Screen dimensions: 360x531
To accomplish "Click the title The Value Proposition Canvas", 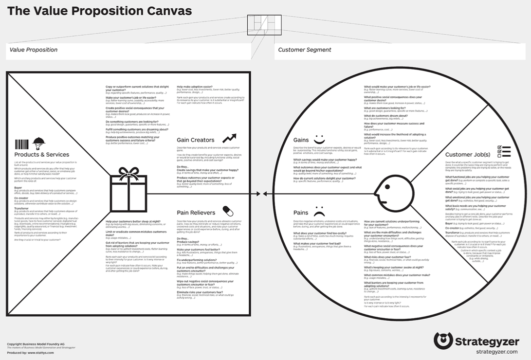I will coord(100,11).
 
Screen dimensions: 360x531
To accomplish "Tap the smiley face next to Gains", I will coord(319,140).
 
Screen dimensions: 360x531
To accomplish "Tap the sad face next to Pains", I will coord(319,212).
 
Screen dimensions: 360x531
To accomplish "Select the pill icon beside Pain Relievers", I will coord(228,211).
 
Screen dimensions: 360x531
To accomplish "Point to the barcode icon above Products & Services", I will coord(21,144).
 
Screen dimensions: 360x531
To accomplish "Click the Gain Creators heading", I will coord(195,140).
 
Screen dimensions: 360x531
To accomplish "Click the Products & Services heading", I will coord(42,155).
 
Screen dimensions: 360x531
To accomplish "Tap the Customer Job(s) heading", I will coord(468,155).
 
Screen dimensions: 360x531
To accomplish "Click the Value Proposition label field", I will coord(129,50).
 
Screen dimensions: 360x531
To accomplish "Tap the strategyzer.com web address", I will coord(496,351).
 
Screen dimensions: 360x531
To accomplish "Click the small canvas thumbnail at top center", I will coord(264,25).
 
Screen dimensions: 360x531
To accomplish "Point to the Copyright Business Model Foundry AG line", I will coord(36,344).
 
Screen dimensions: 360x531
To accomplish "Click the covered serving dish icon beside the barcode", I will coord(38,144).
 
